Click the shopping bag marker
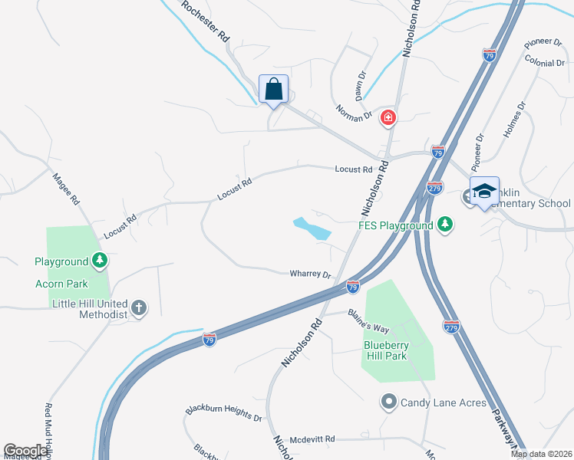(274, 90)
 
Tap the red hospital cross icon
(388, 117)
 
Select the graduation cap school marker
(484, 191)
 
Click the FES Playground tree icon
(444, 225)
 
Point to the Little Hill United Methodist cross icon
(138, 307)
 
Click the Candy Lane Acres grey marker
(388, 401)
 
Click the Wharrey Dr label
(310, 274)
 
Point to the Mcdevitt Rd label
(312, 439)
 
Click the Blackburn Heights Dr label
(223, 412)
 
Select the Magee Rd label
(67, 189)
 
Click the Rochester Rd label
(204, 21)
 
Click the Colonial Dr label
(545, 61)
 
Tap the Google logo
(25, 451)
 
